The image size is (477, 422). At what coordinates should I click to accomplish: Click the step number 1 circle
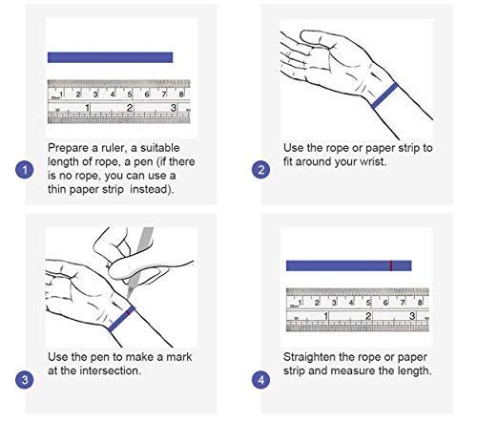[x=25, y=170]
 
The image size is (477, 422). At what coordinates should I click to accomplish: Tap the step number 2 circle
[x=260, y=170]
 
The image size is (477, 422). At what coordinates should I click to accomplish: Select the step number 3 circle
[x=25, y=380]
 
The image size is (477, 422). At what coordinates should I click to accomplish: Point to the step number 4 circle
[x=260, y=380]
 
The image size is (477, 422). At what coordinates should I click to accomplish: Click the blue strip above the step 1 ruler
[x=110, y=57]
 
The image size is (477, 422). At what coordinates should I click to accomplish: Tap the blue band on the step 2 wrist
[x=384, y=95]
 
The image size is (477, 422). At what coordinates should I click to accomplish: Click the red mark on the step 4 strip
[x=391, y=265]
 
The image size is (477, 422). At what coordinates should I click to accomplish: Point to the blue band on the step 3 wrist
[x=121, y=319]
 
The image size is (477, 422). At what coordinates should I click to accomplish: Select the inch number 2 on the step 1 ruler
[x=130, y=108]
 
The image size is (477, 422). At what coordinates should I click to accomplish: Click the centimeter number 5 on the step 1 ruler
[x=130, y=95]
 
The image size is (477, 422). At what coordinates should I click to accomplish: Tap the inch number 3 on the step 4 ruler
[x=412, y=316]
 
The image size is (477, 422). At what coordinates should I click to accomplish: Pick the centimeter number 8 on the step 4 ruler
[x=420, y=303]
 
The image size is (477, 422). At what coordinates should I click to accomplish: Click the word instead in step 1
[x=152, y=189]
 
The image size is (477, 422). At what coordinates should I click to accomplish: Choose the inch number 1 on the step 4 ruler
[x=325, y=316]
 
